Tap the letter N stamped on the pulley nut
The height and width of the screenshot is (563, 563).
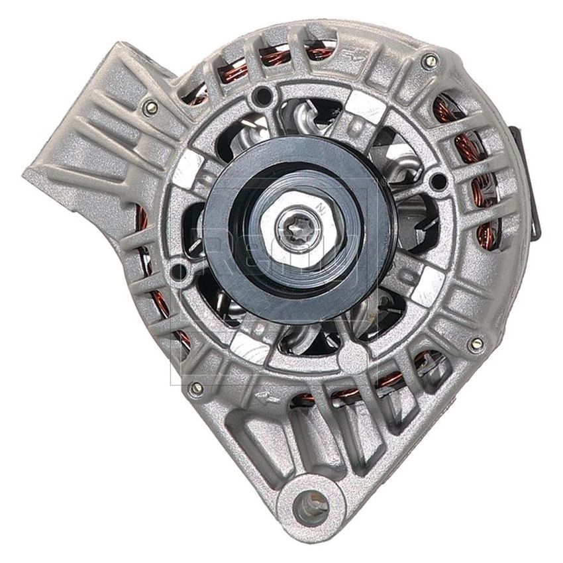(321, 207)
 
